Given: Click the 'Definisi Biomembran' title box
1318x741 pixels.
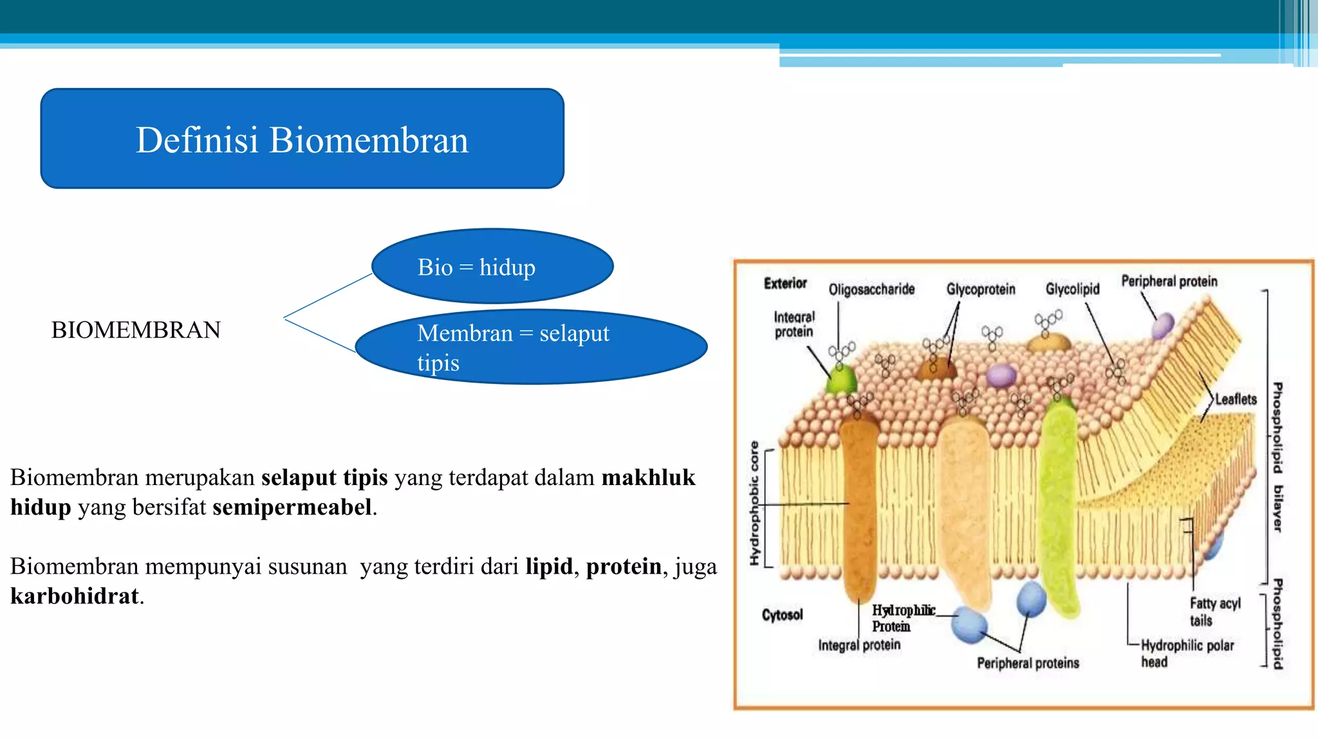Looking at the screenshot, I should click(302, 139).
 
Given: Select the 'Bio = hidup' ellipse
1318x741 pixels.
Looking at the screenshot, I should click(492, 266).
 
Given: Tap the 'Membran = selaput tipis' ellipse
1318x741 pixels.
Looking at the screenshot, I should click(531, 347).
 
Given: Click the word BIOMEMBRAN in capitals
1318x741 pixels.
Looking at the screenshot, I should click(136, 330).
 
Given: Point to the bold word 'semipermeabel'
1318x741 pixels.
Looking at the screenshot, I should click(292, 508).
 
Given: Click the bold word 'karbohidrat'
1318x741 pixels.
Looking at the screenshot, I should click(75, 596).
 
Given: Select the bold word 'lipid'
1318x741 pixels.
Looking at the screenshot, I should click(548, 567).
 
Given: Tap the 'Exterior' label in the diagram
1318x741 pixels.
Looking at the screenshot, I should click(784, 284).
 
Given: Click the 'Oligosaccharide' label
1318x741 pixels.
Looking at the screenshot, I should click(871, 289).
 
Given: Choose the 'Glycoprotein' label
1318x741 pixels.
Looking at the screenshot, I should click(980, 289).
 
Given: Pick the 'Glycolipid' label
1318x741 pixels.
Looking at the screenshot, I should click(1072, 289).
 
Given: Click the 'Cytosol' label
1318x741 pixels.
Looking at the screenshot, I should click(782, 615).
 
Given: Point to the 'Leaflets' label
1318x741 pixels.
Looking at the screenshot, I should click(1236, 399).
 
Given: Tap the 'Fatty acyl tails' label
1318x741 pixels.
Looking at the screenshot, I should click(1214, 612).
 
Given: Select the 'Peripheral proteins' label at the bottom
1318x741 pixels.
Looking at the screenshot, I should click(1028, 663).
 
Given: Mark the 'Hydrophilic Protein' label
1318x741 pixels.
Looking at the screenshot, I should click(902, 618).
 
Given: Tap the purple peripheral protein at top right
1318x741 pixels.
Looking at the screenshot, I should click(1162, 326).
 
